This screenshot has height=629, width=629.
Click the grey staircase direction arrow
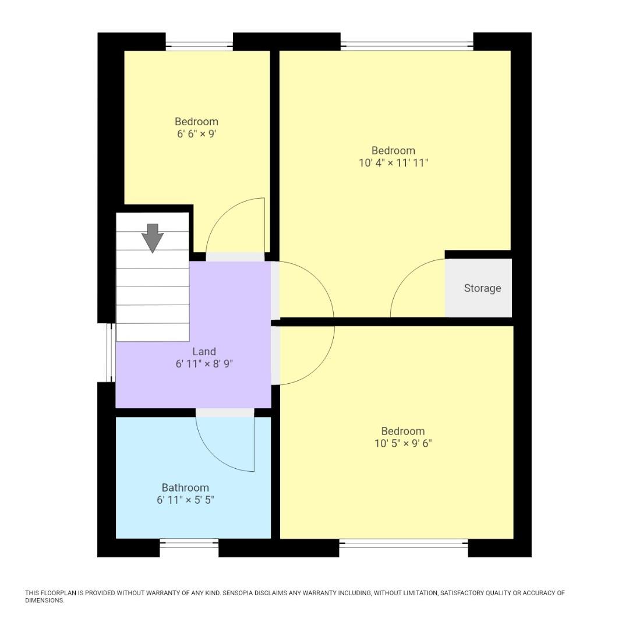click(x=152, y=238)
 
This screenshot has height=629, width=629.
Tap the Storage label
click(x=482, y=288)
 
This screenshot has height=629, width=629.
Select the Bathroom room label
click(x=185, y=487)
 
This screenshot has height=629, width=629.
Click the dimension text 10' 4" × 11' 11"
click(x=393, y=163)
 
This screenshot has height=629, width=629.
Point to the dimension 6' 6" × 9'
click(x=197, y=134)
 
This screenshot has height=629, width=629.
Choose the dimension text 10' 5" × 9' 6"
click(x=402, y=443)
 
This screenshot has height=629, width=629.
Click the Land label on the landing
click(x=204, y=351)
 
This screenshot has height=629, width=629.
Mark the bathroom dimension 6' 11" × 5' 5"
click(x=185, y=500)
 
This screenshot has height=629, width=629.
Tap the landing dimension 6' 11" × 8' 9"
click(x=204, y=364)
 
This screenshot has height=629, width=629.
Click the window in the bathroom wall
click(x=189, y=543)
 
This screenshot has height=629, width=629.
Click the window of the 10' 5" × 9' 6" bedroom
click(x=403, y=543)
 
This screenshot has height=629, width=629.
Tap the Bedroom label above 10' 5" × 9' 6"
click(x=402, y=431)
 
